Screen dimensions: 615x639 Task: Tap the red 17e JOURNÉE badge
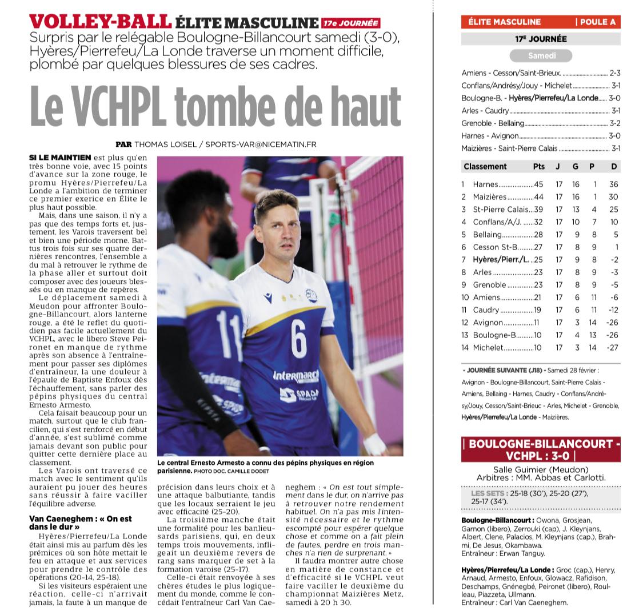point(350,23)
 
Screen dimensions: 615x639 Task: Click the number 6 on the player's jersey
point(298,339)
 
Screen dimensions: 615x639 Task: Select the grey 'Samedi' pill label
point(541,56)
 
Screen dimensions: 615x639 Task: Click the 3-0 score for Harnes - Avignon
point(614,136)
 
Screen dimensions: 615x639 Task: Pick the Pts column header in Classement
point(538,167)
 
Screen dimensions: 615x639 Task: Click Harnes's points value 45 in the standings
point(538,184)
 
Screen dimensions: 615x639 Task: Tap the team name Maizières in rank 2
point(489,197)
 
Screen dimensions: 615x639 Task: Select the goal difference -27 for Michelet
point(613,348)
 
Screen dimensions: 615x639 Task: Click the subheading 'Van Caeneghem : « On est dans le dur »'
point(80,522)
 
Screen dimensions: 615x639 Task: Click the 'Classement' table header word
point(485,167)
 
